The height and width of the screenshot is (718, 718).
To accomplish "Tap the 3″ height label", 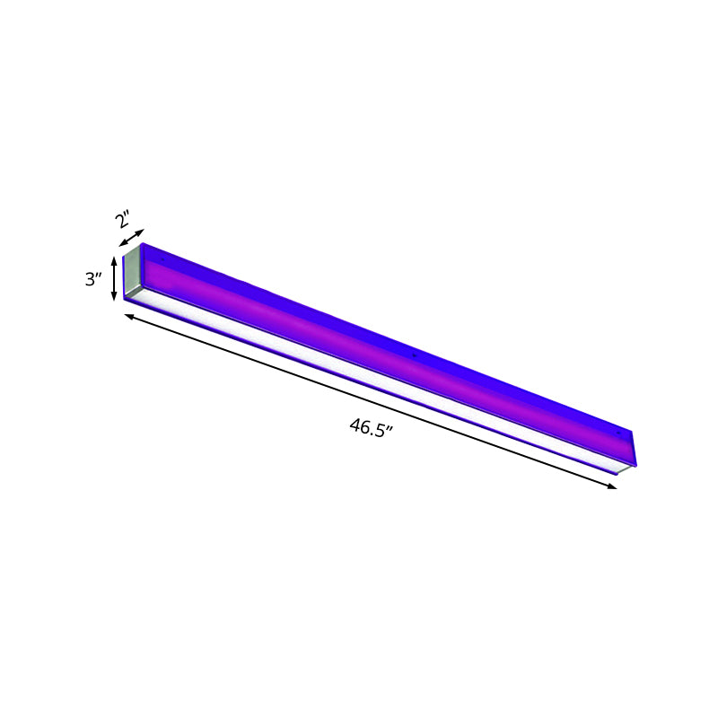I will (93, 279).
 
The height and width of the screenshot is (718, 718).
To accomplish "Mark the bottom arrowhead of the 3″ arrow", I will (114, 298).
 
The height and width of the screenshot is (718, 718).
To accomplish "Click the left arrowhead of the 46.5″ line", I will (127, 314).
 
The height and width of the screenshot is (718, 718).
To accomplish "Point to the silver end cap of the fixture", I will (132, 272).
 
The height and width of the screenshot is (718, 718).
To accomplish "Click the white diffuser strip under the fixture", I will (377, 386).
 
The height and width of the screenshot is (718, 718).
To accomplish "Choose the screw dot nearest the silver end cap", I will (162, 259).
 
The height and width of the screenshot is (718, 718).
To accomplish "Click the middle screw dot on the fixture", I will (414, 357).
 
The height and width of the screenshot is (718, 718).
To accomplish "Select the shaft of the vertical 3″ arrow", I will (114, 279).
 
